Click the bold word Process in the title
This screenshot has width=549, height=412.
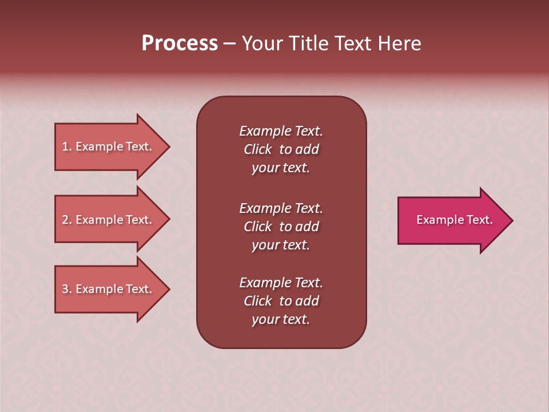180,43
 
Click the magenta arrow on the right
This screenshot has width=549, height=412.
452,220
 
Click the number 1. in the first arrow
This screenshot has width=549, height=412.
67,146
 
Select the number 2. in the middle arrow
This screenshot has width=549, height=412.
67,220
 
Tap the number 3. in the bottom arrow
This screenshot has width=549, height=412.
67,289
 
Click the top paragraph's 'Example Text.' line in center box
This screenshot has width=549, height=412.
281,131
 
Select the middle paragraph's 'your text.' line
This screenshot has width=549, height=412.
281,245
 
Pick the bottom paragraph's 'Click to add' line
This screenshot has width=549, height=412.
281,301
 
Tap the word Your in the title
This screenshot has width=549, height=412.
261,43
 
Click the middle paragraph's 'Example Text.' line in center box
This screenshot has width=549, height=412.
281,208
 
